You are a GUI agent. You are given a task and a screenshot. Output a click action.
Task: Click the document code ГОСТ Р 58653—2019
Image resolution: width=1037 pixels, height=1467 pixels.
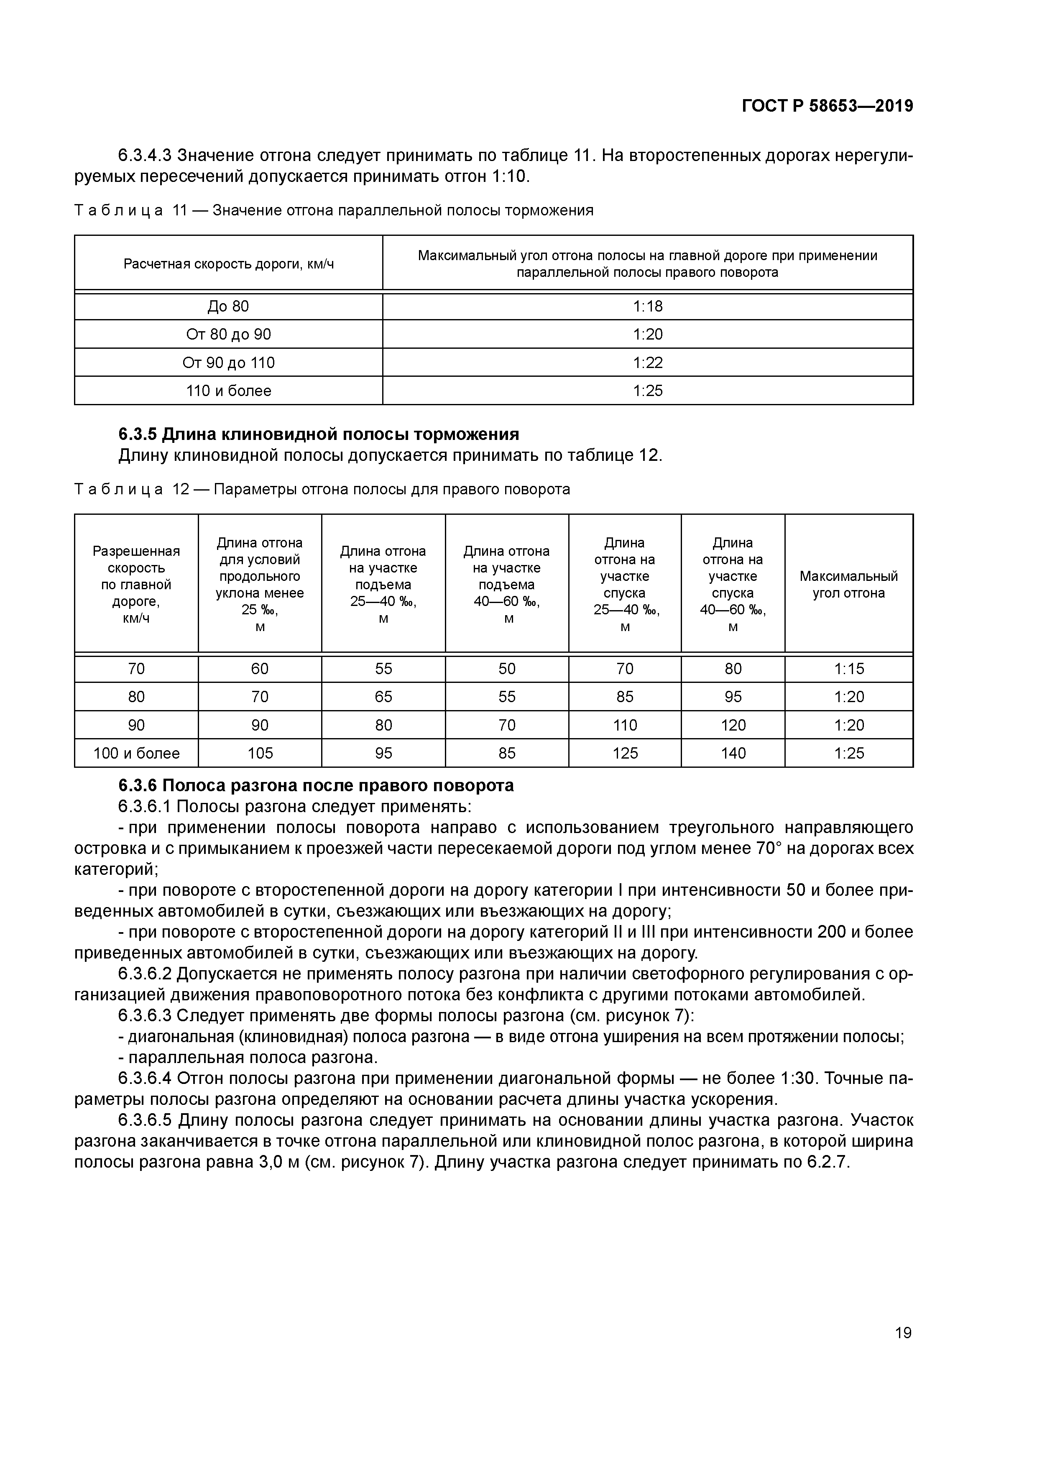click(827, 106)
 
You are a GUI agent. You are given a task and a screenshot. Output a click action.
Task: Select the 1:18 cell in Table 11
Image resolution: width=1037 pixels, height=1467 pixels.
click(647, 307)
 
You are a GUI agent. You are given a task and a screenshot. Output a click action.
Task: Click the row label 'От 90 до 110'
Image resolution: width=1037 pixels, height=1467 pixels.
click(228, 363)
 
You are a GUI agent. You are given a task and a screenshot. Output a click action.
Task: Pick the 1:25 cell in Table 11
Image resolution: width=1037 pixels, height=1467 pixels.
click(647, 391)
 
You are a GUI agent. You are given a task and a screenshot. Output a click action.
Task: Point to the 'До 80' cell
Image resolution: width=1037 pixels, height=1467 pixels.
click(228, 307)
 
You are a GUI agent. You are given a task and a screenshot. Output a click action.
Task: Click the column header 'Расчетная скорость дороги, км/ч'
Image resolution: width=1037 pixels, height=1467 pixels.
click(228, 264)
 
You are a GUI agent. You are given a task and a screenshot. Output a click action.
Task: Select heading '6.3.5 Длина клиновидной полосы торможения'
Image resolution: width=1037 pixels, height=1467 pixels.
click(318, 434)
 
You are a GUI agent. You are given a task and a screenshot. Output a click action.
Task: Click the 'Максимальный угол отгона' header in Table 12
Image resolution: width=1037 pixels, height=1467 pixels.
click(848, 584)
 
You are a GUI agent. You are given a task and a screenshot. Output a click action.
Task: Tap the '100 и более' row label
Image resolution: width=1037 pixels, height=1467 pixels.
click(136, 753)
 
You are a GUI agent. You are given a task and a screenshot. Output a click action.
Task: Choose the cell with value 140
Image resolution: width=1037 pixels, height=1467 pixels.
click(733, 753)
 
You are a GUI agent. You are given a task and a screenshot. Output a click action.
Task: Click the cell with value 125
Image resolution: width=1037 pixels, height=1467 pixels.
click(624, 753)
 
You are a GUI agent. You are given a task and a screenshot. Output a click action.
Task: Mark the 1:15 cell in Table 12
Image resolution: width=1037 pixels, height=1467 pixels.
click(848, 669)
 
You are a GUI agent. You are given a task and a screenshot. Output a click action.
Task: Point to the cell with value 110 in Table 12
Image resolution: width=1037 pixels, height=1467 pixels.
click(624, 725)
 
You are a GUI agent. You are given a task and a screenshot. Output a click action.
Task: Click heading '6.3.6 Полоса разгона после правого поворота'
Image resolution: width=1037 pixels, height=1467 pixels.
click(316, 785)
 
